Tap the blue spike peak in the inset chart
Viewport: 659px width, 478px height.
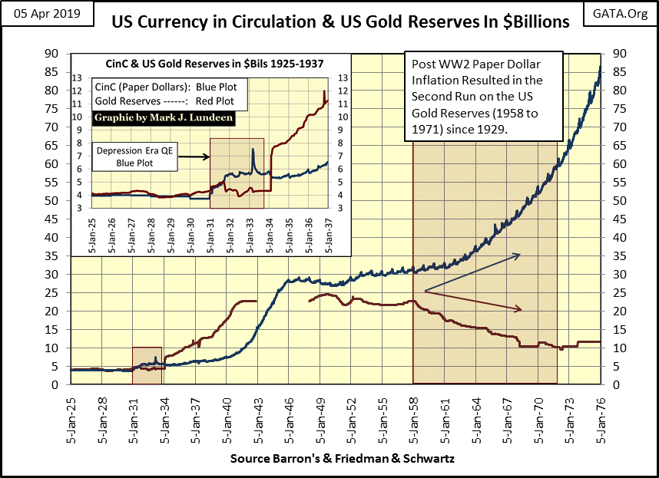pyautogui.click(x=253, y=149)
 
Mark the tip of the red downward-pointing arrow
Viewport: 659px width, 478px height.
pyautogui.click(x=522, y=310)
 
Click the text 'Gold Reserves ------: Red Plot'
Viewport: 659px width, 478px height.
pyautogui.click(x=163, y=100)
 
